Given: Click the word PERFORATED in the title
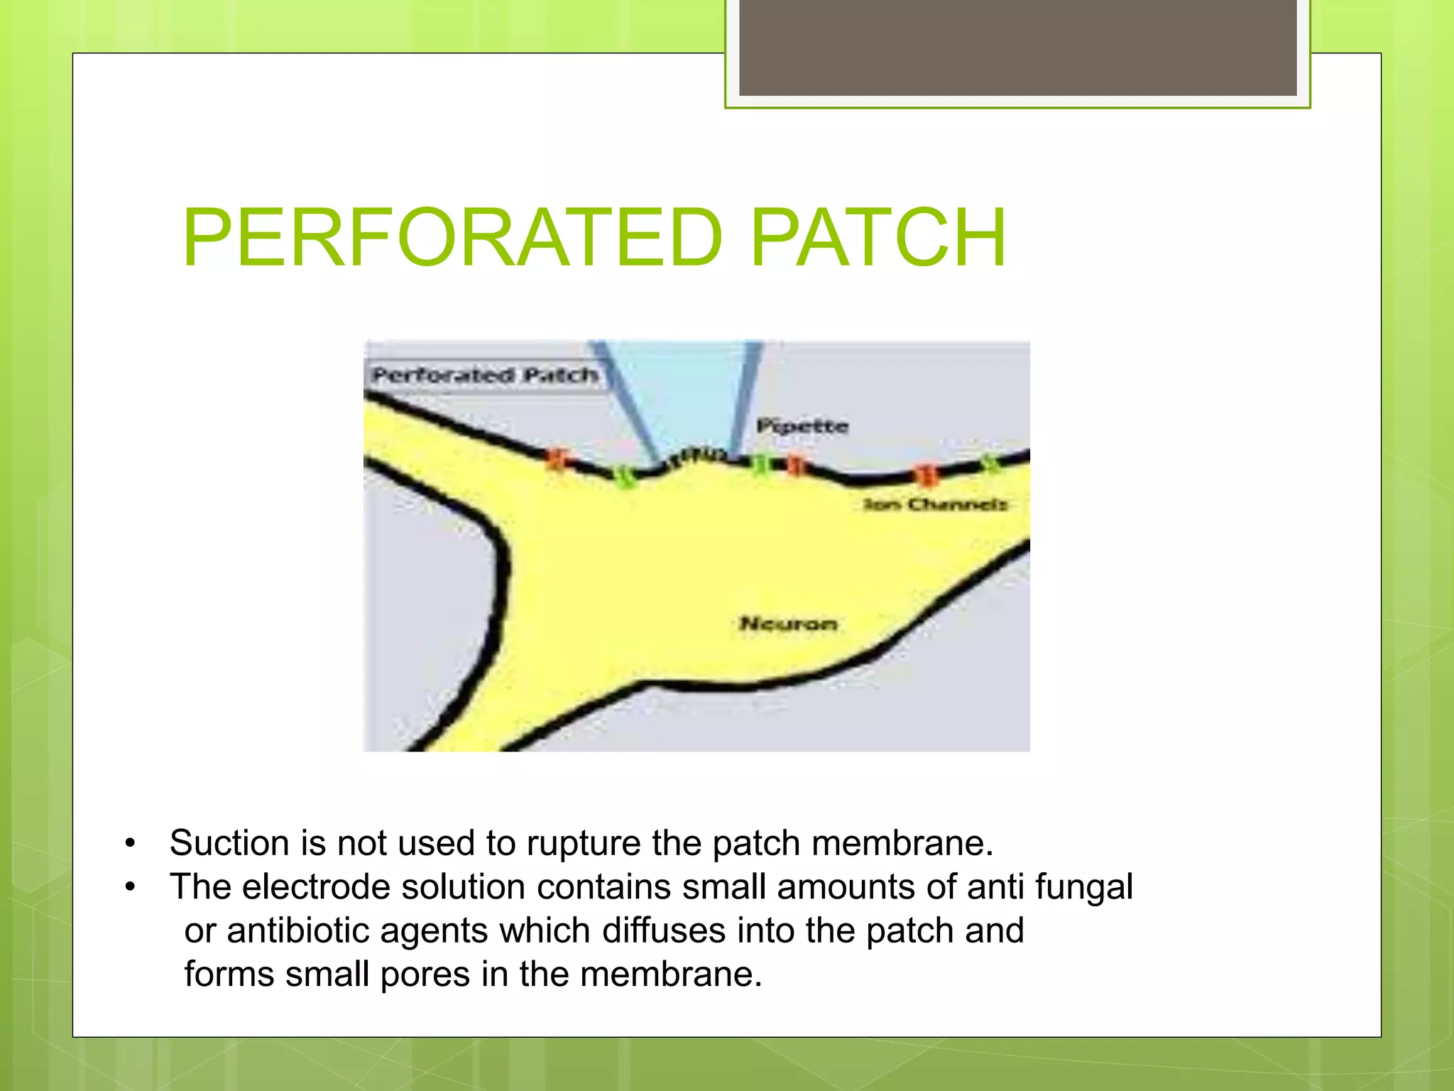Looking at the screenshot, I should click(452, 238).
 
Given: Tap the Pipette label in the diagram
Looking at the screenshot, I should click(802, 426).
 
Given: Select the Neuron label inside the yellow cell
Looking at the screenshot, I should click(788, 624).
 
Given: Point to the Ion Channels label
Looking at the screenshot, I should click(935, 504).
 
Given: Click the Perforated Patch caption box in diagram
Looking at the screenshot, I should click(484, 375).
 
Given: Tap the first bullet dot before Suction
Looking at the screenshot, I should click(129, 844).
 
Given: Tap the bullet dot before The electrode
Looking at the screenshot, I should click(129, 888).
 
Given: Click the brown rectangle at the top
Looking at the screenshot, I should click(1017, 47).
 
